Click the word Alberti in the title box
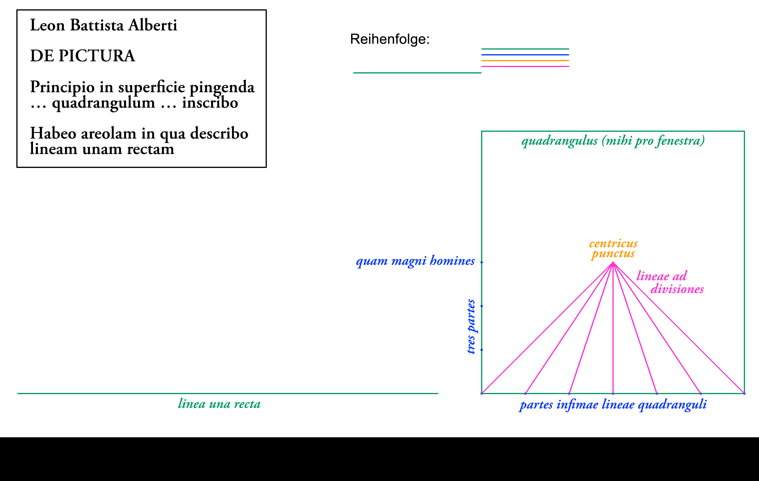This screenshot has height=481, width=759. point(153,25)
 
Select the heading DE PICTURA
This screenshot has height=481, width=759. point(83,56)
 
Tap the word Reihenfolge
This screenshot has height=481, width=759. point(390,39)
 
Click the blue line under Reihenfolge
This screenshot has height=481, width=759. point(525,55)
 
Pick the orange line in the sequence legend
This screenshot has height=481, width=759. point(525,60)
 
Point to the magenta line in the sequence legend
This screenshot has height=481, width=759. point(525,66)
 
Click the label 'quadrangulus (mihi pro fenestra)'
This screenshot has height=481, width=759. point(613,141)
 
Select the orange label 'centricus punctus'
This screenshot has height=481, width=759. point(613,248)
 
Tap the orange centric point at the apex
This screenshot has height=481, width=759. point(613,262)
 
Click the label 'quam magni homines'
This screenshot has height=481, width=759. point(415,261)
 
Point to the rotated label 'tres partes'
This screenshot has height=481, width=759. point(471,326)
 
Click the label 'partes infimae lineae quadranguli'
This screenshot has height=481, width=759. point(613,405)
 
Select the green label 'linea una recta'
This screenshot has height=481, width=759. point(219,404)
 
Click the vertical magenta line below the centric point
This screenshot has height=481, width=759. point(613,331)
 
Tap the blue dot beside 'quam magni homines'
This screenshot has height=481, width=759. point(482,262)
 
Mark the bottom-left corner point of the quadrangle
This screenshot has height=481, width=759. point(482,394)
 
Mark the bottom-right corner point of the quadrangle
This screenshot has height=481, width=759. point(744,394)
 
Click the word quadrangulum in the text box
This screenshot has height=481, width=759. point(103,103)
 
